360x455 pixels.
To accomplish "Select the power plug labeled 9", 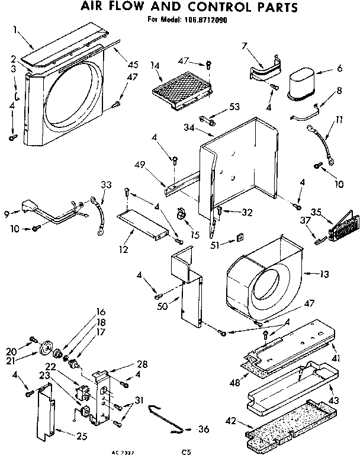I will click(27, 209).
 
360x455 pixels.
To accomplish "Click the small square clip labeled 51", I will click(240, 238).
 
